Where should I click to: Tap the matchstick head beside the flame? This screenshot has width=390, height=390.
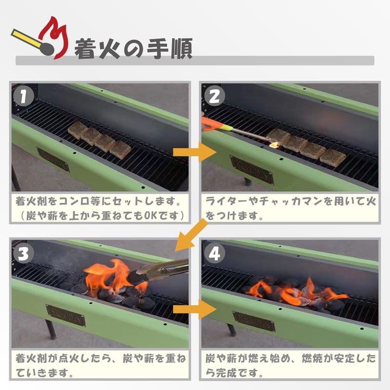47,48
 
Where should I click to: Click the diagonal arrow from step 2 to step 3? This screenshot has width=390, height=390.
190,234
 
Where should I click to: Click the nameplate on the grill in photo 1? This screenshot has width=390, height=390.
53,159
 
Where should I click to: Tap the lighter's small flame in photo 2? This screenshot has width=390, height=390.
274,144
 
